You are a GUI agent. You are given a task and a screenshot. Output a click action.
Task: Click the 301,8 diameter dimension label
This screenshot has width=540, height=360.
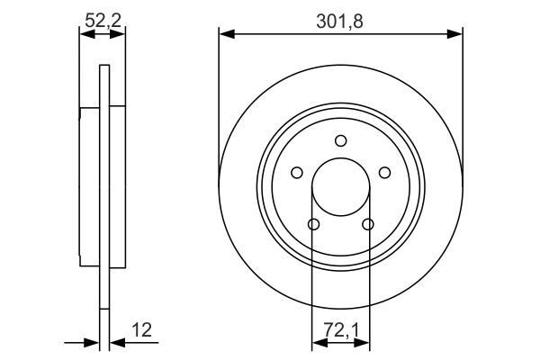click(339, 22)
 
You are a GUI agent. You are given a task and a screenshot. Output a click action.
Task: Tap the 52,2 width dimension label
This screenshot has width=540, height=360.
click(103, 21)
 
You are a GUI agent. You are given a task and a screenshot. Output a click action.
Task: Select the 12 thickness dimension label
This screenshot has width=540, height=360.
click(141, 330)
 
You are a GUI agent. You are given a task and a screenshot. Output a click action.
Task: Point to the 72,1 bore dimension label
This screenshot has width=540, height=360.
click(341, 330)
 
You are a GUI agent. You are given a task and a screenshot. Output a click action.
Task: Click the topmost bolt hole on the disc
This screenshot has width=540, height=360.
click(341, 141)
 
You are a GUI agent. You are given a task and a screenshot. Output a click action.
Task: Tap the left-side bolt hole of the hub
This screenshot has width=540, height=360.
click(297, 173)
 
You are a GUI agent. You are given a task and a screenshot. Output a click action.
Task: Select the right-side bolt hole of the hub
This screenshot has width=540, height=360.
click(384, 173)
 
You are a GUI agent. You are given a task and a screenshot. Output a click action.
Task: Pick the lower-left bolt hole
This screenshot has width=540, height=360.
click(313, 225)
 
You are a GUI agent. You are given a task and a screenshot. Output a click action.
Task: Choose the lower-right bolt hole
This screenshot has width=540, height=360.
click(368, 225)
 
